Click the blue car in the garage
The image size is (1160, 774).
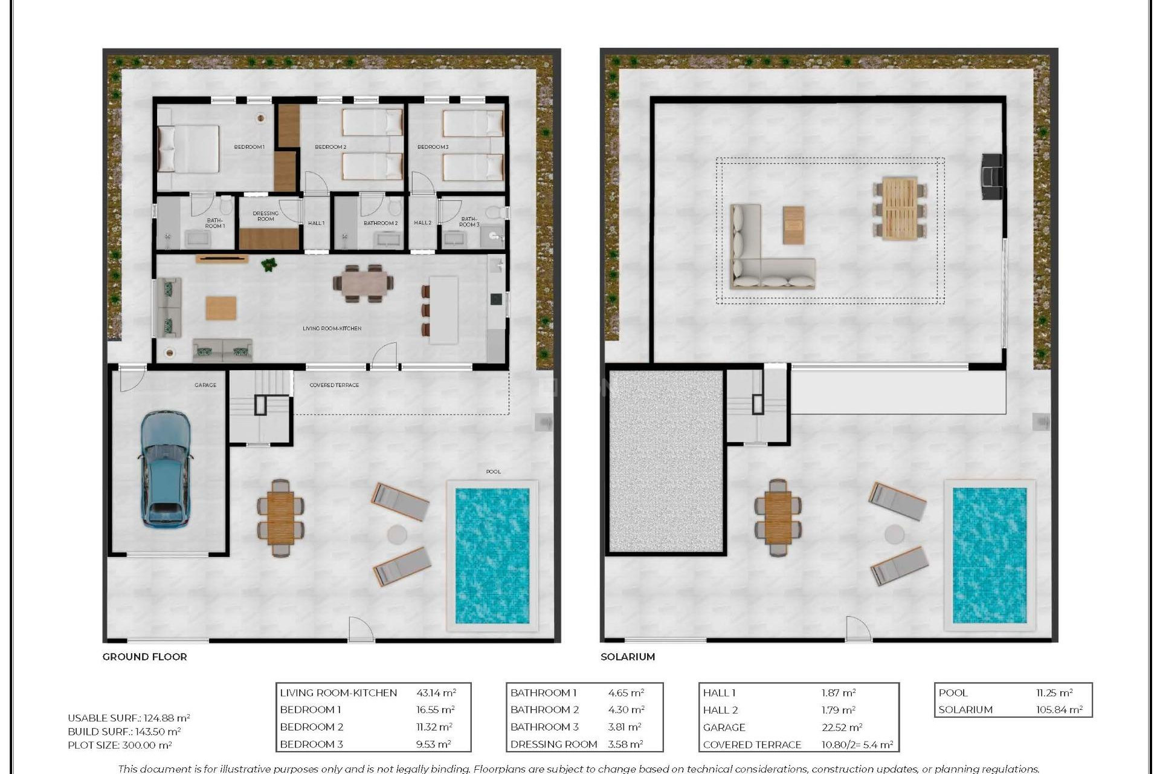[166, 469]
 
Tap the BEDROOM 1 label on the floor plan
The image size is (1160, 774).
[249, 147]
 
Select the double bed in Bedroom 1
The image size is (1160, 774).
[188, 149]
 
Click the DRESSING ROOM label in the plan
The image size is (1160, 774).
[265, 216]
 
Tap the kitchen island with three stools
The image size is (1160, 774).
[443, 310]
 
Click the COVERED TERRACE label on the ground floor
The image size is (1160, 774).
[334, 385]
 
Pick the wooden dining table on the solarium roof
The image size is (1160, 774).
[899, 209]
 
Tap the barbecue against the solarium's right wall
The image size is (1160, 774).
[991, 177]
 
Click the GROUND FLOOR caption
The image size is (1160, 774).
[144, 657]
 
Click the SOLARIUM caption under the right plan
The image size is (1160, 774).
[627, 657]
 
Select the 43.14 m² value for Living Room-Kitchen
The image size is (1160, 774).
[436, 693]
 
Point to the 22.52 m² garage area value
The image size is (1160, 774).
[841, 727]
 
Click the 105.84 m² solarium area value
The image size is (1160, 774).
[1058, 710]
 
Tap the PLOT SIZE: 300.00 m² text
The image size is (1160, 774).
[120, 746]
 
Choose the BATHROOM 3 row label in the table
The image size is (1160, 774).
[544, 727]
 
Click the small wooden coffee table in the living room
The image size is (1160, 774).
[221, 308]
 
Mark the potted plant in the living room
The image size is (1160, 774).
[269, 264]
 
